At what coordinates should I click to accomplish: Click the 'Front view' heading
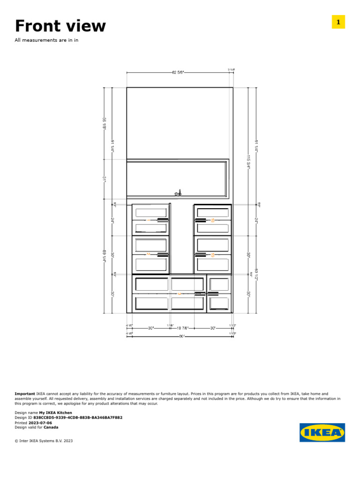coord(60,26)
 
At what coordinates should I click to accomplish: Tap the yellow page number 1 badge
coord(338,22)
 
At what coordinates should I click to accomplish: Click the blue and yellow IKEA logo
coord(322,432)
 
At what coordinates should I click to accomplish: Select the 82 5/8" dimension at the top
coord(178,72)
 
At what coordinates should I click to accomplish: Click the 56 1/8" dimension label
coord(104,123)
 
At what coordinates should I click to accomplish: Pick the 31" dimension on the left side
coord(104,179)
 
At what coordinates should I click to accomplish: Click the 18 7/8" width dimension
coord(182,328)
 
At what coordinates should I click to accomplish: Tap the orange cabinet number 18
coord(212,220)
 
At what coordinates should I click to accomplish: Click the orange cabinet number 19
coord(212,255)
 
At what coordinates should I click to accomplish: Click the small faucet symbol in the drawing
coord(177,192)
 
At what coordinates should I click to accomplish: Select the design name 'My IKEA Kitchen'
coord(55,413)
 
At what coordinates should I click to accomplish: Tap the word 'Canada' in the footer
coord(51,427)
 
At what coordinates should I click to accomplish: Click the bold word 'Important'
coord(25,394)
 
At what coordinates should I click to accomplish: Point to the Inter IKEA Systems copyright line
coord(44,441)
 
